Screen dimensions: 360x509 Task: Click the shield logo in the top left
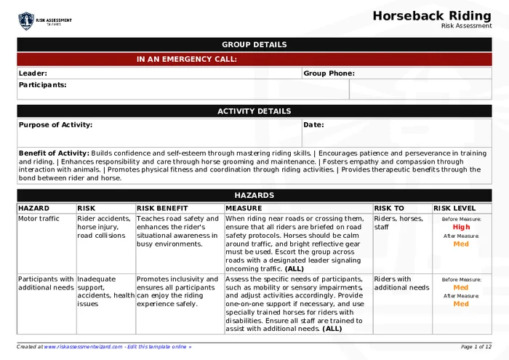tap(26, 20)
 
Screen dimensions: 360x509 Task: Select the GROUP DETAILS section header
tap(254, 44)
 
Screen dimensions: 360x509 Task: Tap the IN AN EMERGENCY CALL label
tap(187, 60)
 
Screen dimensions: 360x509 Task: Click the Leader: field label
tap(33, 73)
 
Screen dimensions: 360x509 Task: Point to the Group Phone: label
tap(329, 73)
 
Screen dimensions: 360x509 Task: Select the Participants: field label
tap(42, 85)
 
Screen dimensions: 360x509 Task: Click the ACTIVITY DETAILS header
tap(254, 111)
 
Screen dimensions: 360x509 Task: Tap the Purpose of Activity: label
tap(55, 125)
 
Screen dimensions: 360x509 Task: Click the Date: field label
tap(313, 125)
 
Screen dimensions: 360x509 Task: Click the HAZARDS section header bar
tap(254, 196)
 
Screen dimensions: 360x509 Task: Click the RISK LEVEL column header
tap(454, 209)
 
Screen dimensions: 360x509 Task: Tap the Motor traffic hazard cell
tap(39, 218)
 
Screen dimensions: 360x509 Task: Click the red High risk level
tap(461, 227)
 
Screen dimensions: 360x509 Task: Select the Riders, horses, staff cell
tap(398, 223)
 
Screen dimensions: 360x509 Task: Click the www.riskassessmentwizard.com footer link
tap(82, 347)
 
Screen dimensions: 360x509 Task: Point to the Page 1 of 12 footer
tap(476, 347)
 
